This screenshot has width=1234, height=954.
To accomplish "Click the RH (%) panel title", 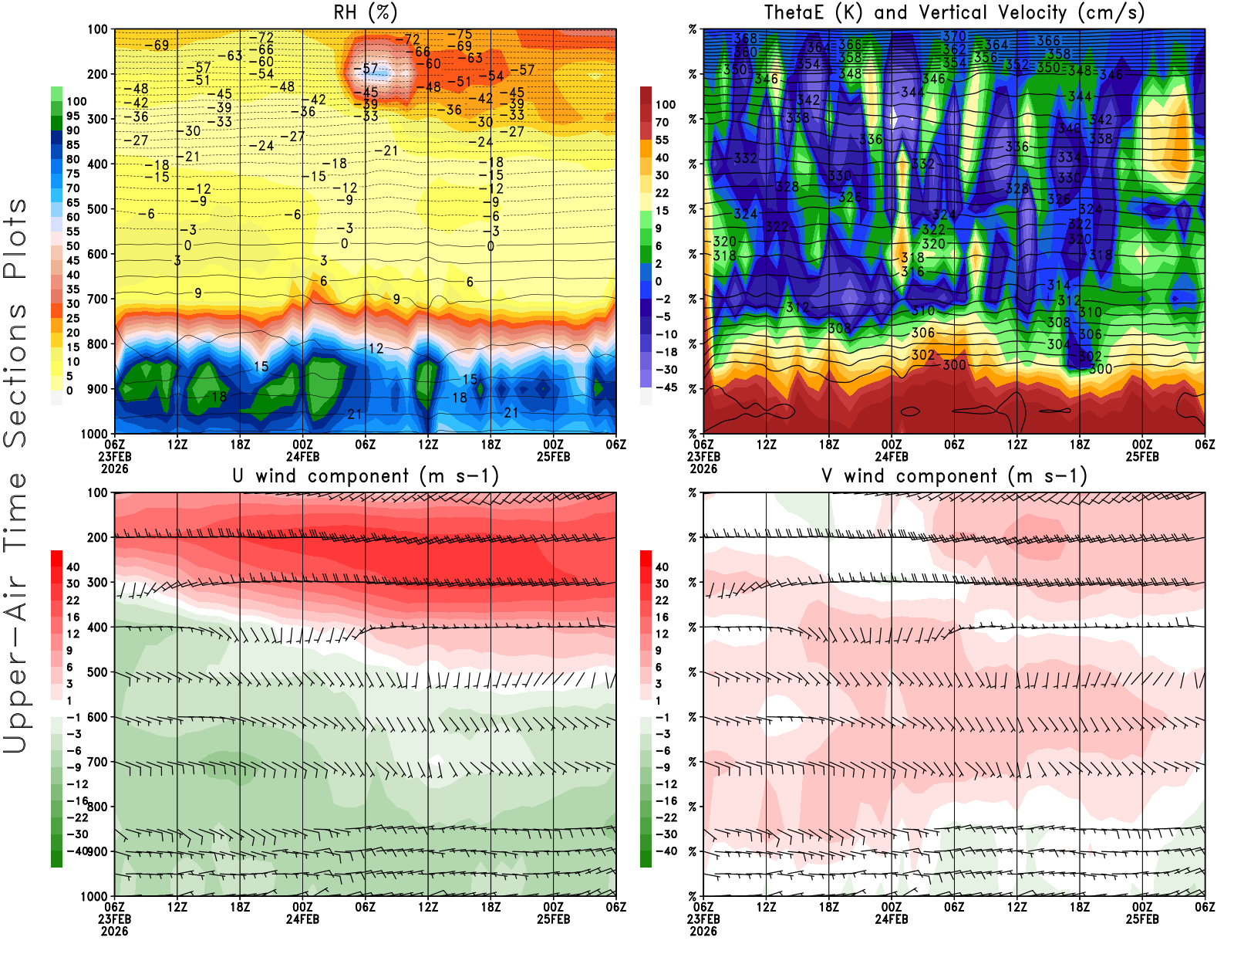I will (x=366, y=13).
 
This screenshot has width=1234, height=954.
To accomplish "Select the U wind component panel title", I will (x=366, y=476).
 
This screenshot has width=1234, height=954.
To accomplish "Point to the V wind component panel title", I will (x=954, y=476).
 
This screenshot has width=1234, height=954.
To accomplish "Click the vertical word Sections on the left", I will (x=15, y=374).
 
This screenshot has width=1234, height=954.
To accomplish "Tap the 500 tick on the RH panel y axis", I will (x=97, y=209).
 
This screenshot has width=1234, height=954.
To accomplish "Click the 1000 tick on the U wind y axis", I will (x=94, y=896).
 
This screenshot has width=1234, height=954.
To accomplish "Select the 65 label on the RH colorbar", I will (x=72, y=203).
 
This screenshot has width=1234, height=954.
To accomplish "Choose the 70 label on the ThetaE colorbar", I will (x=662, y=122).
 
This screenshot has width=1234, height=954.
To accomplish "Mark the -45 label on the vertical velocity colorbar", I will (x=665, y=387).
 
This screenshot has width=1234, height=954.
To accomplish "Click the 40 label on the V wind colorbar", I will (x=662, y=567).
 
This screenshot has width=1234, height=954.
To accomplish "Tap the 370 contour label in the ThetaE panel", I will (x=954, y=36).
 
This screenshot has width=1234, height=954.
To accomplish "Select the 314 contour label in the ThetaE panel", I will (x=1059, y=286).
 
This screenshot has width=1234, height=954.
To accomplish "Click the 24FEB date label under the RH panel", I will (x=302, y=457).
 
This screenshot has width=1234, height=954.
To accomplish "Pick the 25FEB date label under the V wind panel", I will (x=1142, y=919).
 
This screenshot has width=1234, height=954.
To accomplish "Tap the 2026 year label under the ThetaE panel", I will (x=703, y=469).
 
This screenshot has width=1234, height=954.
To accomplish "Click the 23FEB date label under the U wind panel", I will (x=114, y=919).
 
